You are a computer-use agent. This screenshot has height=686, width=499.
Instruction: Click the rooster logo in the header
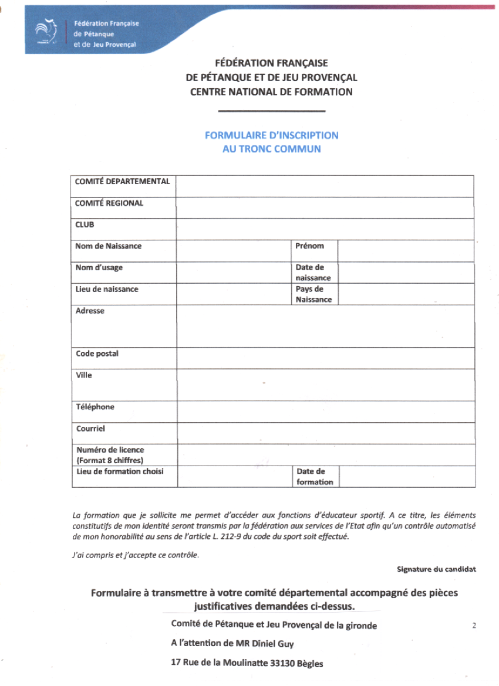pos(44,33)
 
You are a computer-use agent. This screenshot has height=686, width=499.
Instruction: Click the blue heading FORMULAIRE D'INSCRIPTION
pos(271,135)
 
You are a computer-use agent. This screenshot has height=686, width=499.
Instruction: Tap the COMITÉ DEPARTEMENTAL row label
pos(122,182)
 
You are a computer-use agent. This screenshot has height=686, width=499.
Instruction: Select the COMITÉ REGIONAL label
pos(109,203)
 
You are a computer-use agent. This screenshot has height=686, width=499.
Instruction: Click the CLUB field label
pos(85,225)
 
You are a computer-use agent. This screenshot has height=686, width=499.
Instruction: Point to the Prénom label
pos(309,246)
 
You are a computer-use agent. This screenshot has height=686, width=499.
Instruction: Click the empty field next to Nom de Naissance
pos(234,251)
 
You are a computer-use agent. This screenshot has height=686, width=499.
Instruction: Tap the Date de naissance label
pos(313,273)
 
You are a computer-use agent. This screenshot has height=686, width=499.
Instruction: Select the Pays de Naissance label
pos(313,294)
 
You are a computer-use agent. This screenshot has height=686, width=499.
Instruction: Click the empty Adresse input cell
pos(325,326)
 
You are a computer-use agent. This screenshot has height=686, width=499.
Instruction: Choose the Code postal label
pos(97,354)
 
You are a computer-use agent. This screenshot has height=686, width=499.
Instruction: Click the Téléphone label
pos(95,407)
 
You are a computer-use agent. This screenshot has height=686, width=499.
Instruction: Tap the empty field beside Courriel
pos(325,433)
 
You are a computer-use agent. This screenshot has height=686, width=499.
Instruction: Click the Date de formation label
pos(315,477)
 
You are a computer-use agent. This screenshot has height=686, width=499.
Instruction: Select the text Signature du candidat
pos(436,569)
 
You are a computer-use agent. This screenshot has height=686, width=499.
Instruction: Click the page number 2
pos(474,626)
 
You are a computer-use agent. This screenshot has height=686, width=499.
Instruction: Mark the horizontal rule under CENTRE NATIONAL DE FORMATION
pos(271,111)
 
